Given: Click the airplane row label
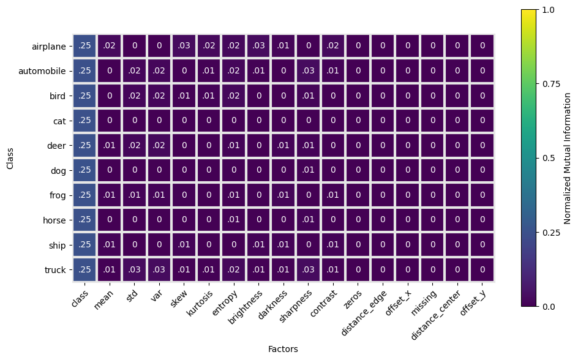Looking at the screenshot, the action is [x=48, y=47].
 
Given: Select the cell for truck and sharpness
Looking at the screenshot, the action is [x=308, y=270].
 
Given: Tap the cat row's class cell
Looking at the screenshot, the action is [x=84, y=121].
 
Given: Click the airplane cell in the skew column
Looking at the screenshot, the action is [x=184, y=46].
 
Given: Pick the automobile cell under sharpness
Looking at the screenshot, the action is [x=308, y=71].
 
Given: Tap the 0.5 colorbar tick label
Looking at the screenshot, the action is [x=549, y=158].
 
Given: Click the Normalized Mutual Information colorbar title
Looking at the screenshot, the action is [x=567, y=158].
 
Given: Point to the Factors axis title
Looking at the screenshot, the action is [x=283, y=349].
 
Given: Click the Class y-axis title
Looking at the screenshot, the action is [x=10, y=159].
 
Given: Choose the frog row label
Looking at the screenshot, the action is [x=58, y=195].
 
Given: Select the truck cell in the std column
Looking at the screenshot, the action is [x=134, y=270].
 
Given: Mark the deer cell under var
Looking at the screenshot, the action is [x=159, y=146].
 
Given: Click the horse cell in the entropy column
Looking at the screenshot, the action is [x=234, y=220].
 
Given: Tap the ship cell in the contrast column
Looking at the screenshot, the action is [x=333, y=245].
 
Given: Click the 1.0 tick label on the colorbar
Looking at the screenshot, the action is [x=549, y=10].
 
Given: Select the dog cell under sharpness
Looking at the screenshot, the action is [x=308, y=170].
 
